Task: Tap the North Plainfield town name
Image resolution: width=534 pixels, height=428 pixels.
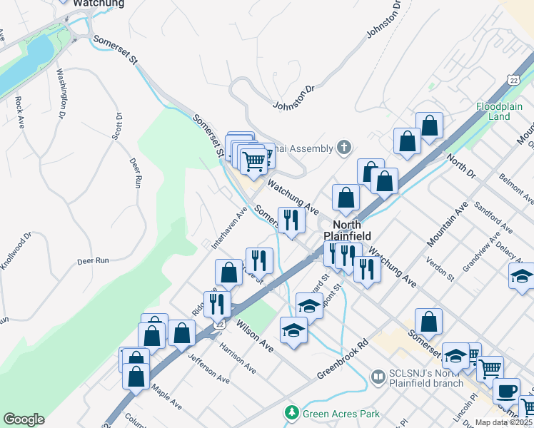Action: click(x=347, y=230)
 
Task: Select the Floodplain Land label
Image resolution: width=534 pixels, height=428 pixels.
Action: click(x=499, y=111)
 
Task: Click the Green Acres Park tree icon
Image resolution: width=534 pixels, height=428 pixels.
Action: click(x=291, y=413)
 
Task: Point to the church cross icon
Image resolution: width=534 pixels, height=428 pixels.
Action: click(x=344, y=148)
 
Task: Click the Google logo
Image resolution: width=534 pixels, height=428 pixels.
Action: click(x=23, y=419)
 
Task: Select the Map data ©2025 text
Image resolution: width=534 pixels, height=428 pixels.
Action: click(x=503, y=422)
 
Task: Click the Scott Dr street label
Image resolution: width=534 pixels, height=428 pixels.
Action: click(x=119, y=126)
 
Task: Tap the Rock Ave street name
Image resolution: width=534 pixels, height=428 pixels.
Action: click(x=19, y=111)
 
